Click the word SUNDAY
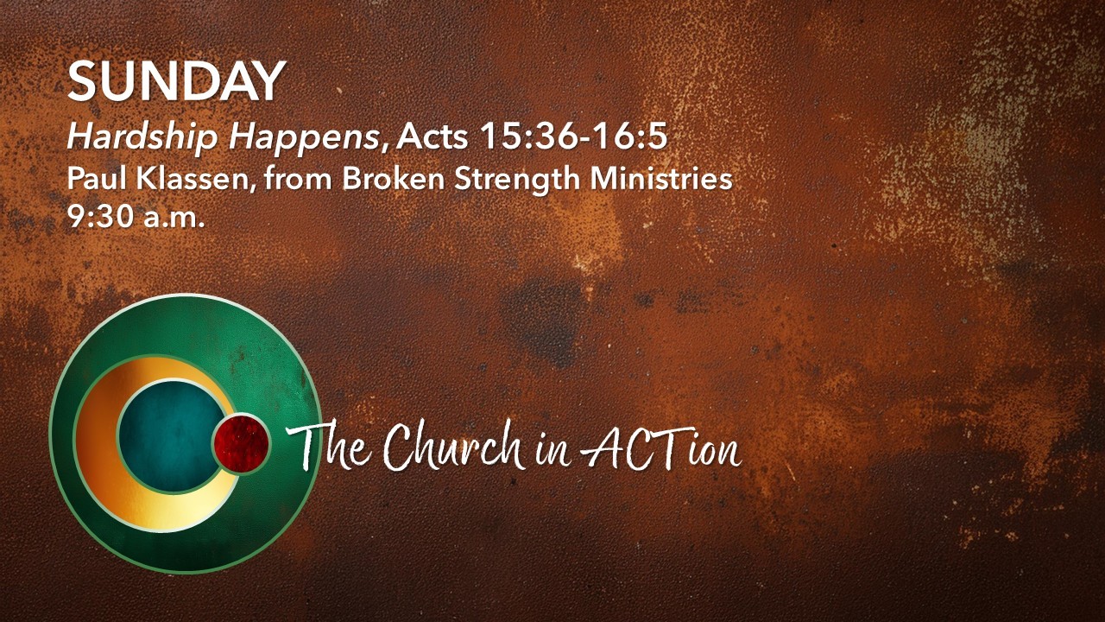[x=177, y=81]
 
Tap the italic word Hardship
[x=142, y=136]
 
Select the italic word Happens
[x=304, y=137]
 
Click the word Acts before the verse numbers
[x=433, y=136]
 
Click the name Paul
[x=98, y=178]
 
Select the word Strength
[x=517, y=180]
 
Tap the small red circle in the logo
[x=241, y=443]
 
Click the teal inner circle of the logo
[x=170, y=435]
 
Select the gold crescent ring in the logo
[x=98, y=444]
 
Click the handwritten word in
[x=552, y=453]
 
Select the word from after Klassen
[x=299, y=178]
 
